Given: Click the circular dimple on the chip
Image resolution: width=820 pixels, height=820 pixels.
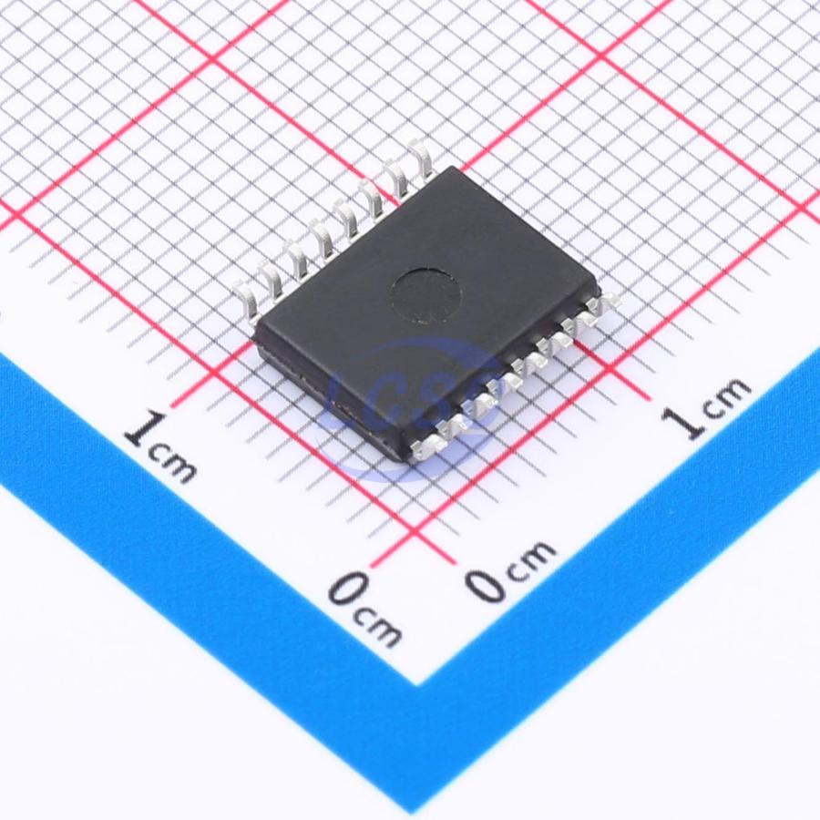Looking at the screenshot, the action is (x=426, y=294).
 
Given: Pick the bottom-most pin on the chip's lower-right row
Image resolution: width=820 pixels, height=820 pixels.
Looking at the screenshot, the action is (x=428, y=449).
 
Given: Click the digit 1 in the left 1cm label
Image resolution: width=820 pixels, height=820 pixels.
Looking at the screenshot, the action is (x=139, y=429).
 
